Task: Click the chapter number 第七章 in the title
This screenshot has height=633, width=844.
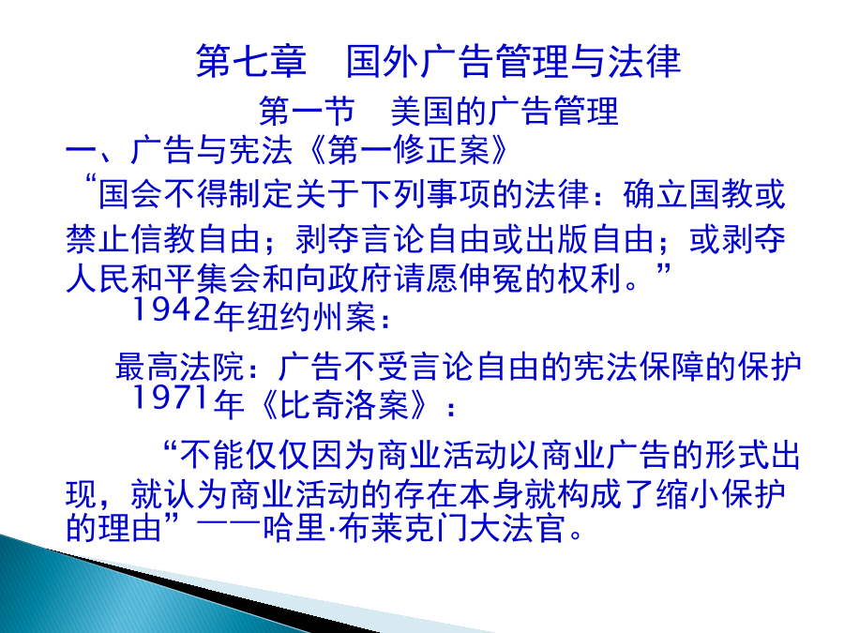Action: click(x=251, y=61)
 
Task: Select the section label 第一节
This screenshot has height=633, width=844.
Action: click(x=307, y=112)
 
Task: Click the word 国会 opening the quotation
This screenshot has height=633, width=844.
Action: click(x=130, y=194)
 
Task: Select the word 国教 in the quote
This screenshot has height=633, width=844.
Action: click(x=720, y=194)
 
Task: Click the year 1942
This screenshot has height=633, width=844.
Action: click(x=172, y=309)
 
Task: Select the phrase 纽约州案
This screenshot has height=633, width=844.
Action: click(x=311, y=317)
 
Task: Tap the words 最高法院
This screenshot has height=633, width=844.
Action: click(x=180, y=367)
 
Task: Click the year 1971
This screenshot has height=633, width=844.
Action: click(x=170, y=398)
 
